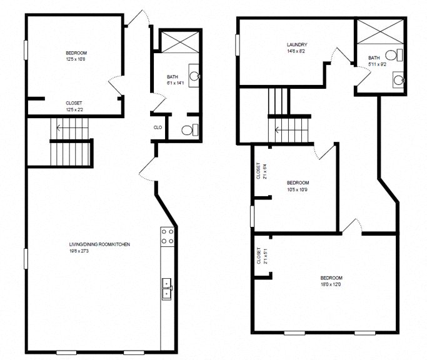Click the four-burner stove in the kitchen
point(168,236)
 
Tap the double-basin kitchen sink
point(167,288)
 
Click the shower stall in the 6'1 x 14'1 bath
point(178,42)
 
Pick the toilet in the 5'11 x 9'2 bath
point(395,54)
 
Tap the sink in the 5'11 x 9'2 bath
point(398,79)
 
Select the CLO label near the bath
point(158,127)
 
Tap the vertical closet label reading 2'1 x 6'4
point(258,171)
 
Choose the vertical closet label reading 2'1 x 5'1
point(258,256)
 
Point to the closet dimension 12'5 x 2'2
point(74,110)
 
